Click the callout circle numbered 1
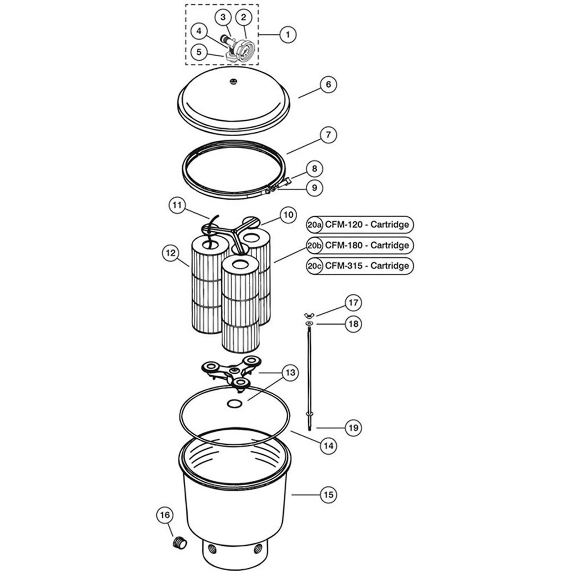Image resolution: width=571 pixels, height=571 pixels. [288, 35]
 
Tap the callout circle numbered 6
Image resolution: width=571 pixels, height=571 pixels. [328, 84]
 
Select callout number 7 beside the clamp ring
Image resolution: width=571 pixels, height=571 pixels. [328, 135]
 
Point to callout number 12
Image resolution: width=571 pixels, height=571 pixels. [171, 253]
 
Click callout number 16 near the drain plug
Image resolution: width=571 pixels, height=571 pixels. [165, 515]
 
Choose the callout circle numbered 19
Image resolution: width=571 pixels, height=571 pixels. [353, 428]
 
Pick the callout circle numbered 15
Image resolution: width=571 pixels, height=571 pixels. [328, 495]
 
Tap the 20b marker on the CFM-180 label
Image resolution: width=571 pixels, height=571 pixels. [314, 246]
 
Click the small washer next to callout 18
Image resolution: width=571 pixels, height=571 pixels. [309, 324]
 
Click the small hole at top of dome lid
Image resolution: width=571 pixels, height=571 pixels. [233, 81]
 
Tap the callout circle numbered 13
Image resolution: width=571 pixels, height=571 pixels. [290, 373]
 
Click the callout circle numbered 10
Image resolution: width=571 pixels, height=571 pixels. [288, 215]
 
